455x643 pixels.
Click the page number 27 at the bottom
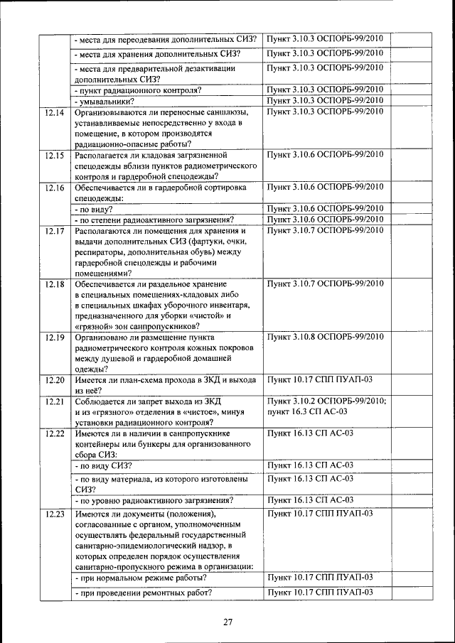227,623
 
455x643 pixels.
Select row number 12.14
54,112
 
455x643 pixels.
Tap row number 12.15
54,154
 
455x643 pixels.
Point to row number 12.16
54,188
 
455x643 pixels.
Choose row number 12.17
54,231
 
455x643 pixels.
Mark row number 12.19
54,337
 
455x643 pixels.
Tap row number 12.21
54,401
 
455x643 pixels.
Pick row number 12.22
54,433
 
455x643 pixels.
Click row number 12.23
54,514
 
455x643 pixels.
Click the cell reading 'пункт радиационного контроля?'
139,90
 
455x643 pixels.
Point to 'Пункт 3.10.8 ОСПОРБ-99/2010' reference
325,336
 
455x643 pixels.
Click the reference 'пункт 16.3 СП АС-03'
307,411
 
